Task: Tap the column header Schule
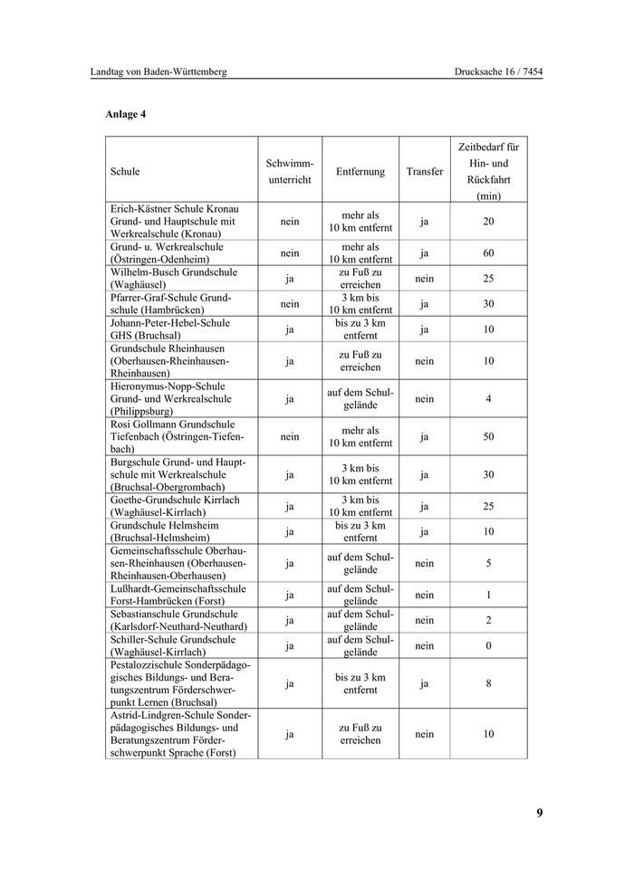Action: (125, 171)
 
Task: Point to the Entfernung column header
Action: (360, 171)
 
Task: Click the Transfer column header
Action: (425, 171)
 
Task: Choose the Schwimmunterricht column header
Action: (289, 171)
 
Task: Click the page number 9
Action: (539, 812)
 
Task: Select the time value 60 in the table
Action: (488, 253)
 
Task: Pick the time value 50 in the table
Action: (488, 436)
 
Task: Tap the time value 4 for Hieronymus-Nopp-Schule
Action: (488, 398)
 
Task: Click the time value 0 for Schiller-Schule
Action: (488, 645)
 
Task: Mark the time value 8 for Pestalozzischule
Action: (488, 683)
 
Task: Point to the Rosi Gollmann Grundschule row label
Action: (172, 436)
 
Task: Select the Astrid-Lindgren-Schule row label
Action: (180, 734)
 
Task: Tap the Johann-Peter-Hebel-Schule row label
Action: (170, 329)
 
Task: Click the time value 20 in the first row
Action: (488, 221)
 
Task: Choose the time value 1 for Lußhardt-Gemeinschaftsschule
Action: (488, 595)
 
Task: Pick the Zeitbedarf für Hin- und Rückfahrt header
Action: (488, 171)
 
